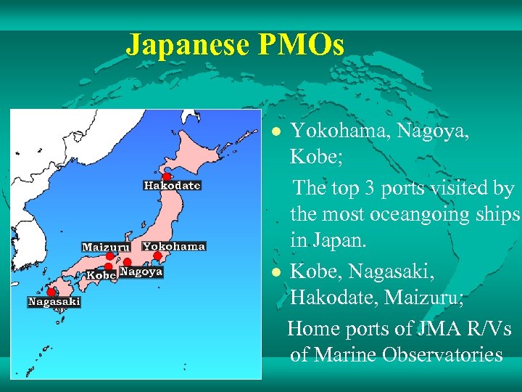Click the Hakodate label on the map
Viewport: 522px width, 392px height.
[172, 186]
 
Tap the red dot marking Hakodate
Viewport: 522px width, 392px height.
[166, 176]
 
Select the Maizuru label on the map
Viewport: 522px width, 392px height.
[106, 247]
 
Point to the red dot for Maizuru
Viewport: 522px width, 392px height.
[109, 256]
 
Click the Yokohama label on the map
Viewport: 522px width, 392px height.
[174, 246]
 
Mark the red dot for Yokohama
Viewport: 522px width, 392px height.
[157, 256]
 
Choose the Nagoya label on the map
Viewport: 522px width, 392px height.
[140, 272]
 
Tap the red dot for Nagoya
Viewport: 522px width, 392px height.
[127, 262]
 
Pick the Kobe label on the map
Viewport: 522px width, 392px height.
[101, 275]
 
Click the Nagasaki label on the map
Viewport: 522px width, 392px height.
[54, 301]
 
